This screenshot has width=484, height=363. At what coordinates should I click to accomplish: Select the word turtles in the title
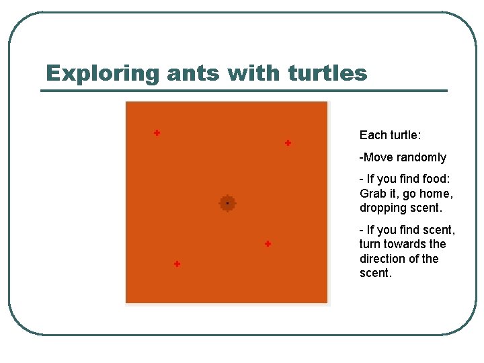tap(327, 73)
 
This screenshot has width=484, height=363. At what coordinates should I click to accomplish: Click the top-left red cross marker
tap(157, 133)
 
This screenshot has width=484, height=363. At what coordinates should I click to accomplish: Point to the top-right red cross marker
tap(288, 143)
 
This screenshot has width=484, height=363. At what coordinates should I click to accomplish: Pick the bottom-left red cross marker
tap(177, 264)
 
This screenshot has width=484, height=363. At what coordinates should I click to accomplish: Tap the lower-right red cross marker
tap(268, 243)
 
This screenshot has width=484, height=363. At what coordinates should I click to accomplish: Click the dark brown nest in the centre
tap(227, 203)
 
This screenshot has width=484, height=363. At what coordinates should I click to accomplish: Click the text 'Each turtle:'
tap(390, 136)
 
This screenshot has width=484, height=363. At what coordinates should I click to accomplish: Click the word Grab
tap(372, 194)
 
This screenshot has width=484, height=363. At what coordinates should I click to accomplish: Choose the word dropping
tap(382, 208)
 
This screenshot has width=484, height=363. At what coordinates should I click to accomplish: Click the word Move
tap(378, 157)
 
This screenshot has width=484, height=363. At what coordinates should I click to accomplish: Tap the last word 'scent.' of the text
tap(376, 274)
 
